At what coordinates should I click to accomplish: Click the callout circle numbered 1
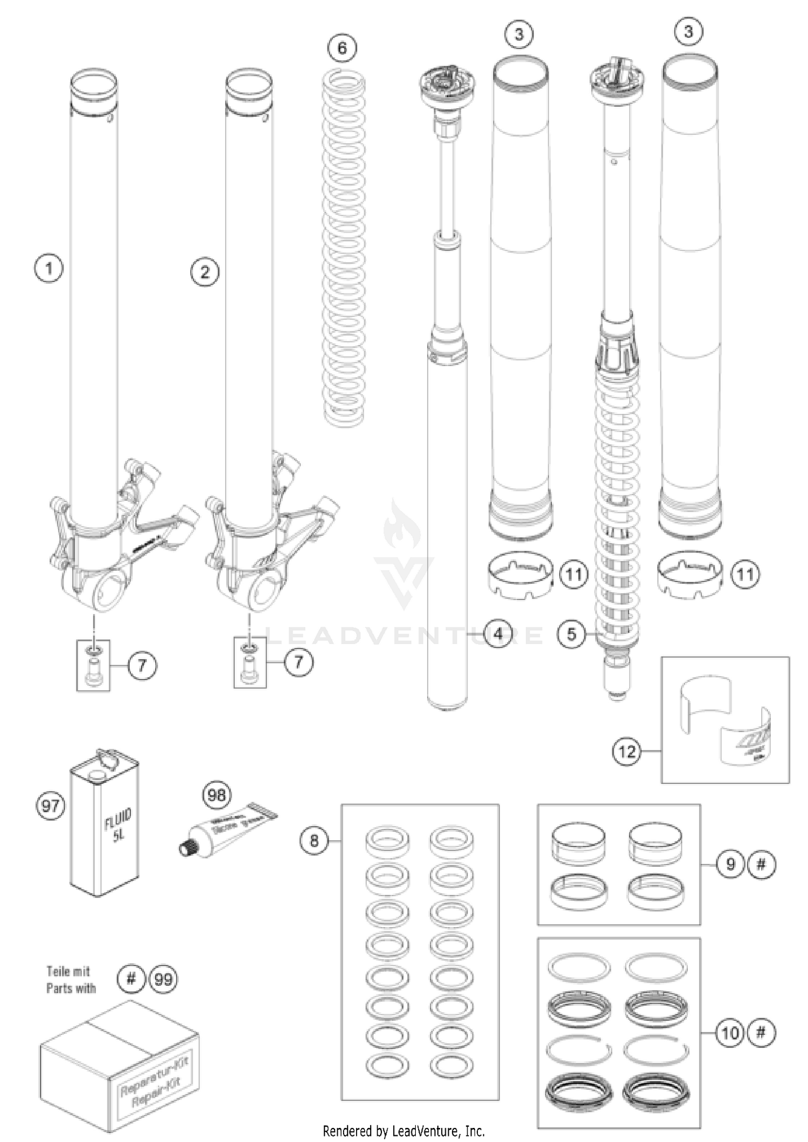pyautogui.click(x=48, y=268)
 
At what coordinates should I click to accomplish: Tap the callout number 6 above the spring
pyautogui.click(x=342, y=48)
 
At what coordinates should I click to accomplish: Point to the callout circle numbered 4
pyautogui.click(x=498, y=634)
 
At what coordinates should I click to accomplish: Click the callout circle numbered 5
pyautogui.click(x=572, y=634)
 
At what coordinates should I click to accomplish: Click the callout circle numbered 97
pyautogui.click(x=51, y=806)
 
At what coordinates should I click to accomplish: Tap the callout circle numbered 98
pyautogui.click(x=217, y=795)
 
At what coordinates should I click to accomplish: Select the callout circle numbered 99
pyautogui.click(x=163, y=979)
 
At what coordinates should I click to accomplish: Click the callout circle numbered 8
pyautogui.click(x=314, y=840)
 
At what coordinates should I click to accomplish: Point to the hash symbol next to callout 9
pyautogui.click(x=761, y=864)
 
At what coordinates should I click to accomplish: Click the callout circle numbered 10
pyautogui.click(x=730, y=1033)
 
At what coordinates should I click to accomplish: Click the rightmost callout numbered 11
pyautogui.click(x=745, y=574)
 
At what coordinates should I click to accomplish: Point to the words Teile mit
pyautogui.click(x=68, y=971)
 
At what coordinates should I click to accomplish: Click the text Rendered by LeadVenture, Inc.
pyautogui.click(x=403, y=1131)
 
